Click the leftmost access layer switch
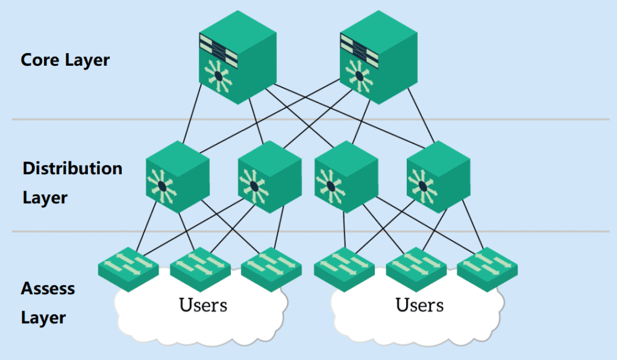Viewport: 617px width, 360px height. coord(128,265)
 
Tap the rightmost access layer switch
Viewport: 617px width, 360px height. coord(487,265)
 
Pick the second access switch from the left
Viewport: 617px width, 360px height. coord(200,265)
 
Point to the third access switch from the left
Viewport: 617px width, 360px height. coord(271,265)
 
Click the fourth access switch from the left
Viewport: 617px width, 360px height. coord(344,265)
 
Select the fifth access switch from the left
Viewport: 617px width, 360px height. coord(416,265)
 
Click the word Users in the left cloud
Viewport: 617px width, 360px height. coord(203,305)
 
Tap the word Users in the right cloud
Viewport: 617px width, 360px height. coord(419,305)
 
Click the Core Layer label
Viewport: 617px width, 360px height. coord(65,60)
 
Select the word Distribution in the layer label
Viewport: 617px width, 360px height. coord(72,168)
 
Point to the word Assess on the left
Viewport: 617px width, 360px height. coord(48,288)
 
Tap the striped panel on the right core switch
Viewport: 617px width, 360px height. coord(359,49)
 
